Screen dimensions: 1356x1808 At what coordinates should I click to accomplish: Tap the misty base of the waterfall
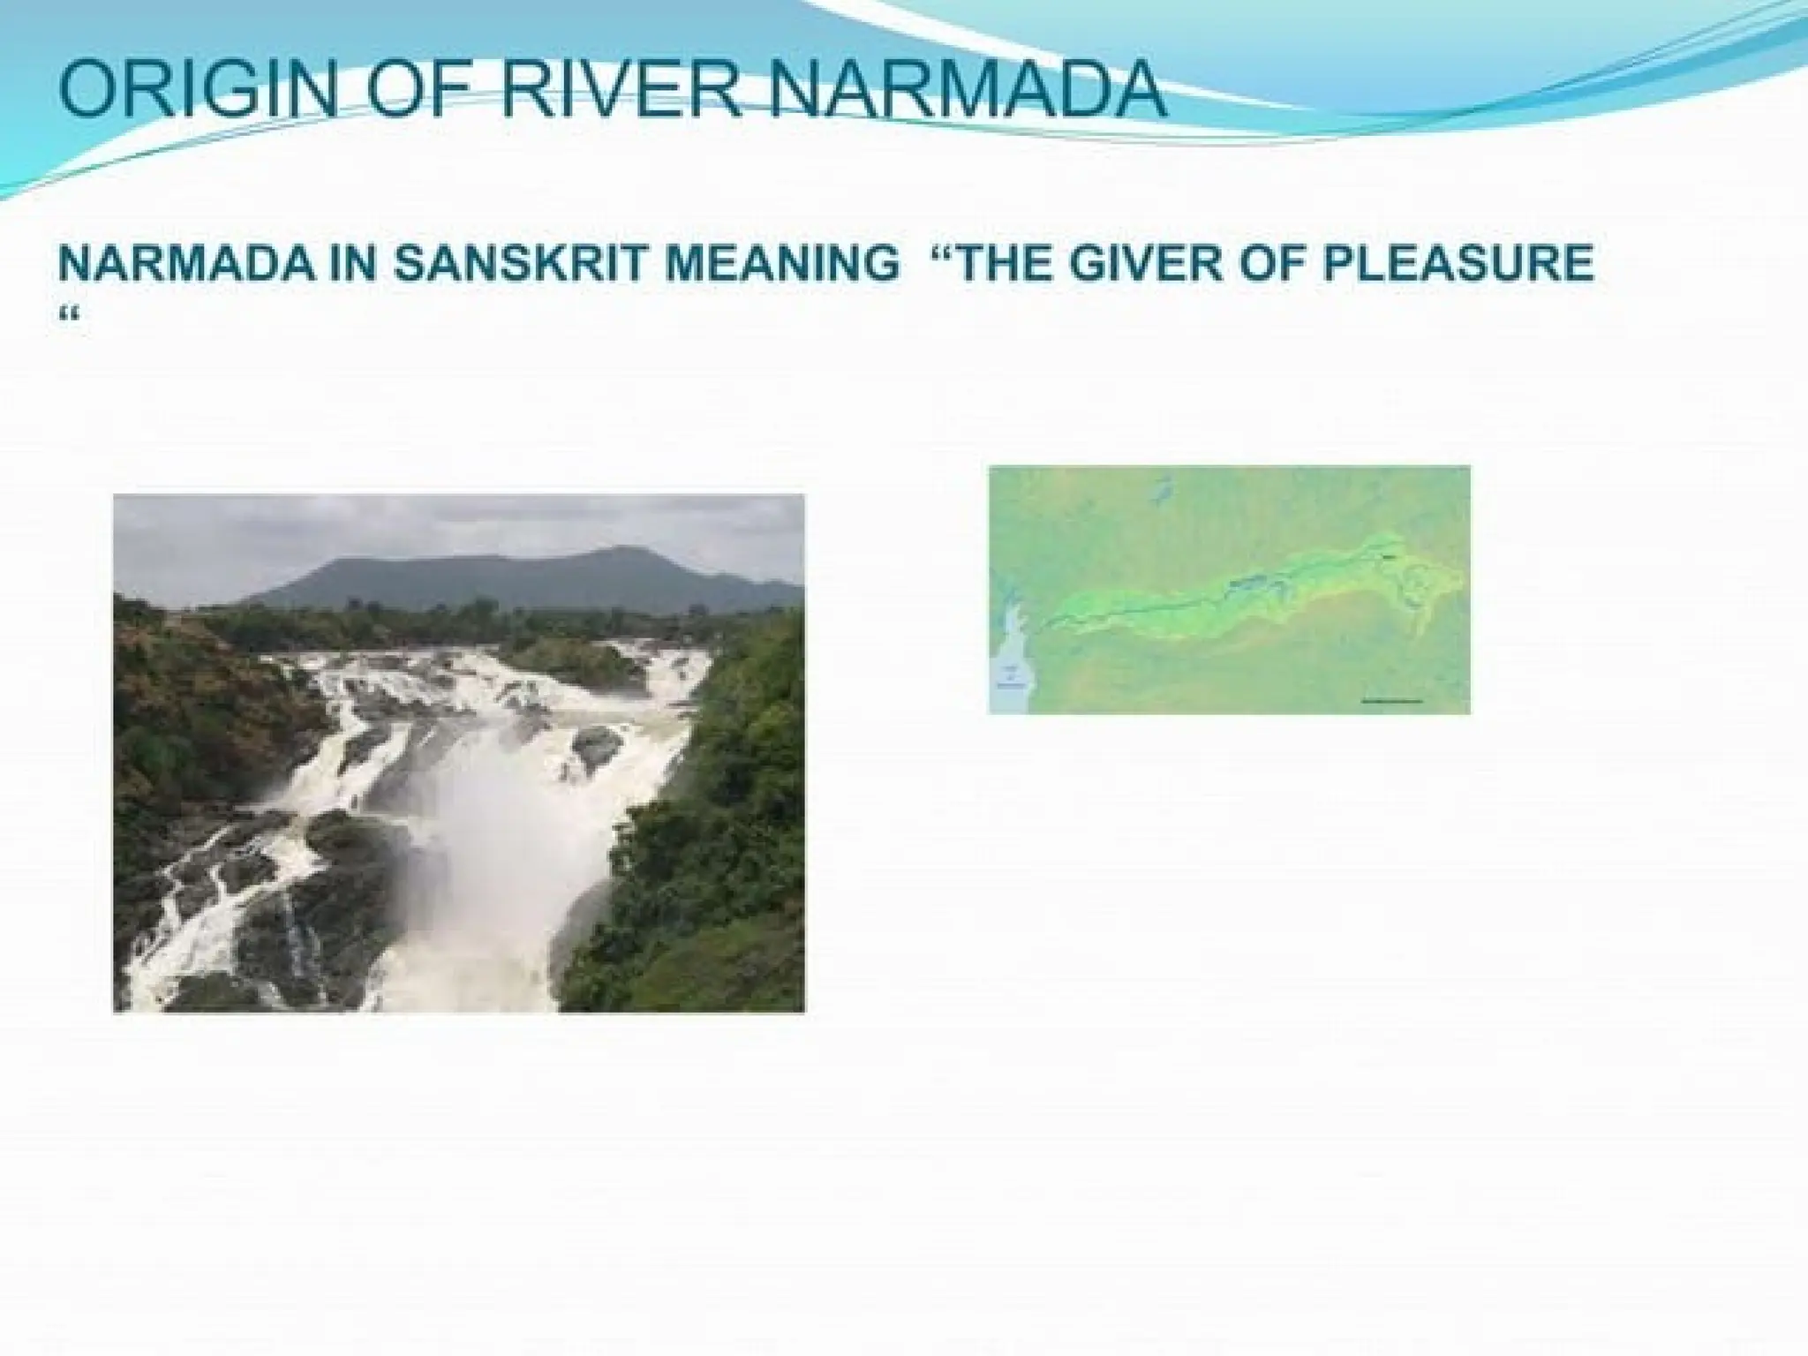[x=494, y=883]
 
